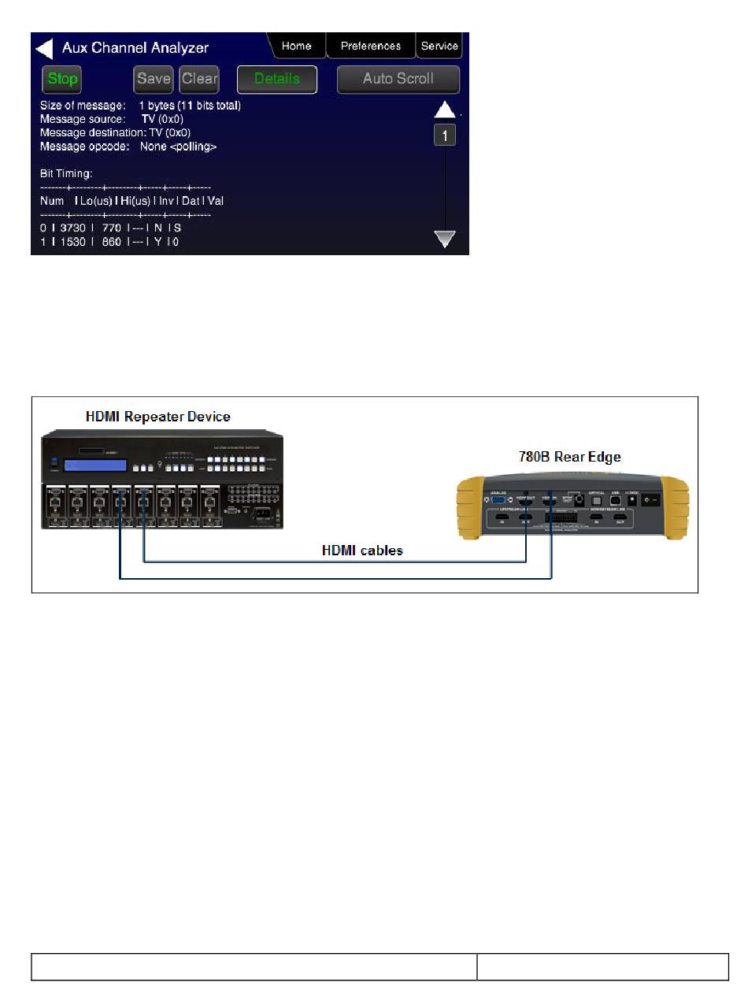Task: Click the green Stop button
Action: [62, 79]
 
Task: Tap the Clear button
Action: [199, 79]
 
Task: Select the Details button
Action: [277, 79]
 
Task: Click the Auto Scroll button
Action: [398, 79]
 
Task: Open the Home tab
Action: [296, 46]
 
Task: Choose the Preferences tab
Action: [370, 46]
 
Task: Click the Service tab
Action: [439, 46]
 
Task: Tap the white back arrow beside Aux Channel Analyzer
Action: [44, 49]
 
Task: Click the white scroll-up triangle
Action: [445, 109]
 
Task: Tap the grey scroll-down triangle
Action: [445, 239]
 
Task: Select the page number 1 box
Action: [445, 136]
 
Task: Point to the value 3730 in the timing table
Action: [72, 228]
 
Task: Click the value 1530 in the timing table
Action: [72, 242]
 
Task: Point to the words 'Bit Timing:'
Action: [66, 173]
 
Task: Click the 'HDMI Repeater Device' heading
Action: [158, 416]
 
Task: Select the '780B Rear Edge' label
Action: [568, 456]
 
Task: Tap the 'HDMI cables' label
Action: [362, 550]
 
